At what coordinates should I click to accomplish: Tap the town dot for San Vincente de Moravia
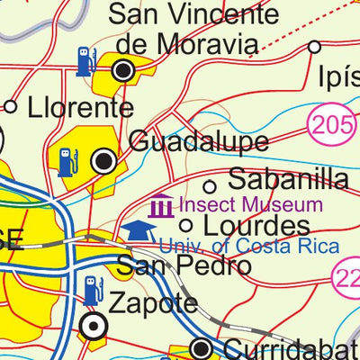[x=123, y=69]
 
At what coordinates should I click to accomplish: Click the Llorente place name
[x=79, y=108]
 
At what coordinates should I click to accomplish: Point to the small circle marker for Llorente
[x=11, y=107]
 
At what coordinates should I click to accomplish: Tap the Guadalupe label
[x=199, y=141]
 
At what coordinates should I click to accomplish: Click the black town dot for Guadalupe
[x=104, y=162]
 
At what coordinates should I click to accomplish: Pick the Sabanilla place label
[x=288, y=178]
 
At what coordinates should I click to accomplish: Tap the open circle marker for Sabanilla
[x=210, y=186]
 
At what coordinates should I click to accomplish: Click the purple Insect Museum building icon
[x=162, y=206]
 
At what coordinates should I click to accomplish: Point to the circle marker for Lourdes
[x=187, y=225]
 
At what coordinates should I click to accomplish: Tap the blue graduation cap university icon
[x=137, y=231]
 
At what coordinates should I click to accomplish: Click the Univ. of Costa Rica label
[x=249, y=247]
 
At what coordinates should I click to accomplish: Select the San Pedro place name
[x=183, y=266]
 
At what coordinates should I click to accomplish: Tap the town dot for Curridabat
[x=204, y=348]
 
